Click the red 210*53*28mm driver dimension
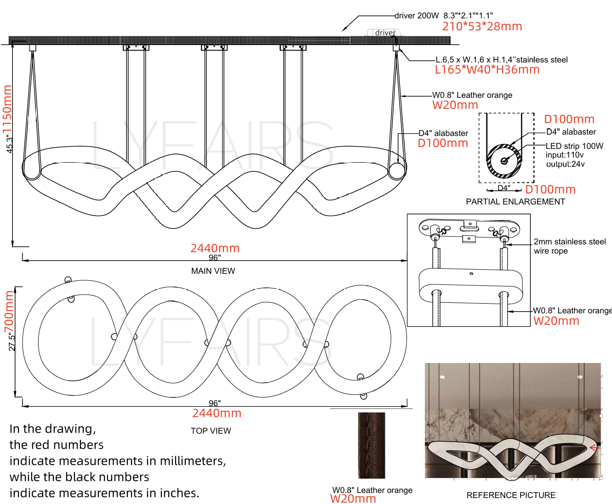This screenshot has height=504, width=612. tap(482, 26)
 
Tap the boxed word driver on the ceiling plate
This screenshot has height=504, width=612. tap(385, 33)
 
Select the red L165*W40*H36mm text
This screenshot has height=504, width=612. tap(487, 70)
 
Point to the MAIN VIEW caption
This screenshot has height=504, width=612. tap(213, 271)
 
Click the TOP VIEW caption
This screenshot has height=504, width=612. tap(211, 431)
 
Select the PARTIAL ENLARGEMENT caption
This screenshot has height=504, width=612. tap(515, 202)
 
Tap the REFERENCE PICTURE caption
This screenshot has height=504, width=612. tap(511, 495)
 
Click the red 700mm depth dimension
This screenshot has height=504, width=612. tap(9, 311)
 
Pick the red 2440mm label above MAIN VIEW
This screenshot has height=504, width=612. tap(215, 249)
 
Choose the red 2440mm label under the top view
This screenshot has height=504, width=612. tap(217, 413)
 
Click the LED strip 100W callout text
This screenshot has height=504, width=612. tap(574, 146)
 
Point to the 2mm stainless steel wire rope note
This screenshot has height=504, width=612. tap(570, 246)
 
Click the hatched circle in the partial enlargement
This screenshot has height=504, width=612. tap(504, 161)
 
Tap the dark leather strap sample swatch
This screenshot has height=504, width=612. tap(372, 446)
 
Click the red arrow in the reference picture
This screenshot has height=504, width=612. tap(595, 447)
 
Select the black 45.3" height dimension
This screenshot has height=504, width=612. tap(9, 144)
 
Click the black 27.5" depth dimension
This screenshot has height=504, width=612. tap(11, 342)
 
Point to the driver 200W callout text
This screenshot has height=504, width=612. tap(417, 16)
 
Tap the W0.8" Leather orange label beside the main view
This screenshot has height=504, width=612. tap(472, 95)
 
